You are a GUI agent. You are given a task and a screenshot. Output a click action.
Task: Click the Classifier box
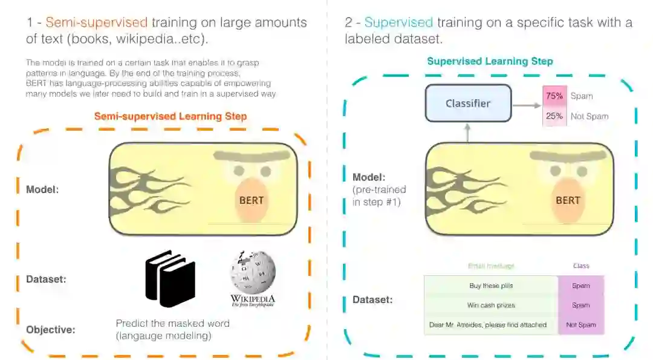pyautogui.click(x=468, y=103)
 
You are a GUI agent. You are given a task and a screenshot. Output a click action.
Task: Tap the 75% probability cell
pyautogui.click(x=554, y=96)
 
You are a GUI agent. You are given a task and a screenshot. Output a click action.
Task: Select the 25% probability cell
pyautogui.click(x=554, y=116)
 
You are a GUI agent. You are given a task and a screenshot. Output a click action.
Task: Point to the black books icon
pyautogui.click(x=170, y=279)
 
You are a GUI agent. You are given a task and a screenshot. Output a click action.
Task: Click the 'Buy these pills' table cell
pyautogui.click(x=491, y=286)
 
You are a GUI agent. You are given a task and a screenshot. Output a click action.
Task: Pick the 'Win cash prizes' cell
pyautogui.click(x=491, y=305)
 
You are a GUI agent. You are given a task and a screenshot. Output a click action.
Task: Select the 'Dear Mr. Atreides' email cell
pyautogui.click(x=491, y=325)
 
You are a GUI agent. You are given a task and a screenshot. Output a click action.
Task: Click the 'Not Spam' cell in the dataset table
pyautogui.click(x=580, y=325)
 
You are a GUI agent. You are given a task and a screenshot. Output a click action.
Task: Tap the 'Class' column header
pyautogui.click(x=580, y=266)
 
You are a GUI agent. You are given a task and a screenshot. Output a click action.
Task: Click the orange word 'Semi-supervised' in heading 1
pyautogui.click(x=96, y=23)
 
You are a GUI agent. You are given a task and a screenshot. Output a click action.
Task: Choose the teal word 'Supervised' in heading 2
pyautogui.click(x=398, y=23)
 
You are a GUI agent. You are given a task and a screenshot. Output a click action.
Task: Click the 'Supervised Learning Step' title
pyautogui.click(x=490, y=61)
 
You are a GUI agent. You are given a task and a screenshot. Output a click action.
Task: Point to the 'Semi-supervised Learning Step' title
pyautogui.click(x=171, y=116)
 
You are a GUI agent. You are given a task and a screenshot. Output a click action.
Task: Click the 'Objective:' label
pyautogui.click(x=51, y=330)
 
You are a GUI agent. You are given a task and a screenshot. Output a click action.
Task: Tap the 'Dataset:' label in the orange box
pyautogui.click(x=46, y=280)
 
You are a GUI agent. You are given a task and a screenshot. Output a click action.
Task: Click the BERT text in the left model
pyautogui.click(x=252, y=200)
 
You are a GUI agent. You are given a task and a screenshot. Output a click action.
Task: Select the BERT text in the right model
pyautogui.click(x=568, y=200)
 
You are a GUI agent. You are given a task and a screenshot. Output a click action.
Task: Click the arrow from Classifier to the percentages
pyautogui.click(x=526, y=105)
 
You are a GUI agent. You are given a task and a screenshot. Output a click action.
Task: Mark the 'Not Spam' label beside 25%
pyautogui.click(x=589, y=116)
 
